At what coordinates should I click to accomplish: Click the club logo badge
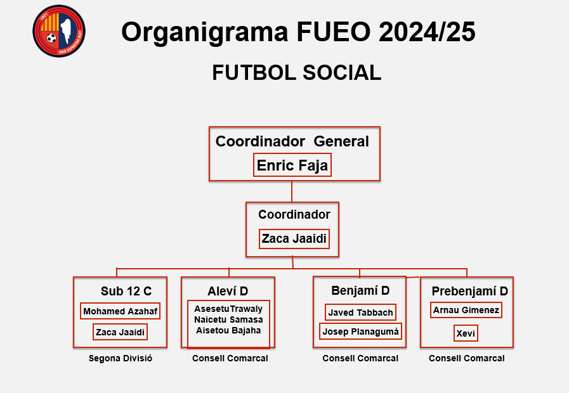pyautogui.click(x=59, y=31)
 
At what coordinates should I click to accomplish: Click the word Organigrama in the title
pyautogui.click(x=205, y=32)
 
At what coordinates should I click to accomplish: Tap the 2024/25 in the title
pyautogui.click(x=427, y=32)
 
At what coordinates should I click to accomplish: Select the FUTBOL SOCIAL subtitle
pyautogui.click(x=296, y=72)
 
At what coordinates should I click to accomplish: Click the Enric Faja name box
pyautogui.click(x=292, y=165)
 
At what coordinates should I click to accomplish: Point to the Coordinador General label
pyautogui.click(x=292, y=141)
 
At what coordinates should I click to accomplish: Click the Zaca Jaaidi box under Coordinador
pyautogui.click(x=294, y=239)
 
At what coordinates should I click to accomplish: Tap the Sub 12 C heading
pyautogui.click(x=126, y=291)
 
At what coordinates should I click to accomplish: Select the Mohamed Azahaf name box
pyautogui.click(x=120, y=311)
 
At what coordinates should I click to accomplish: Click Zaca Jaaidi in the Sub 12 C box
pyautogui.click(x=120, y=332)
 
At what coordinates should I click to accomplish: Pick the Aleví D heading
pyautogui.click(x=228, y=291)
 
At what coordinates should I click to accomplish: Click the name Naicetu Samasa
pyautogui.click(x=228, y=319)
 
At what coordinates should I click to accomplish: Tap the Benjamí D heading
pyautogui.click(x=360, y=290)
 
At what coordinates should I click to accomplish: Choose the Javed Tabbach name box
pyautogui.click(x=360, y=312)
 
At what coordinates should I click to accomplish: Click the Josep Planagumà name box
pyautogui.click(x=360, y=332)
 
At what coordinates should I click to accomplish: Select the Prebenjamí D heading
pyautogui.click(x=469, y=291)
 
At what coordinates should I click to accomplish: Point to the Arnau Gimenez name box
pyautogui.click(x=466, y=310)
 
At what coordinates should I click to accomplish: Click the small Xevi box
pyautogui.click(x=466, y=333)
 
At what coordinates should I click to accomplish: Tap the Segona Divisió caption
pyautogui.click(x=121, y=358)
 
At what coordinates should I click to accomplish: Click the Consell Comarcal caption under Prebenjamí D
pyautogui.click(x=467, y=358)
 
